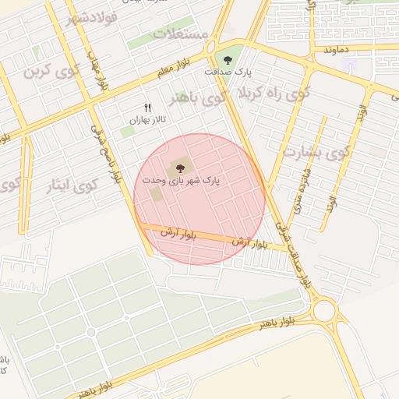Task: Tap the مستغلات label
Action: pyautogui.click(x=181, y=35)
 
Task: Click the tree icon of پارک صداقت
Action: pyautogui.click(x=228, y=59)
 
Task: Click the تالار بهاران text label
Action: pyautogui.click(x=148, y=121)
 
